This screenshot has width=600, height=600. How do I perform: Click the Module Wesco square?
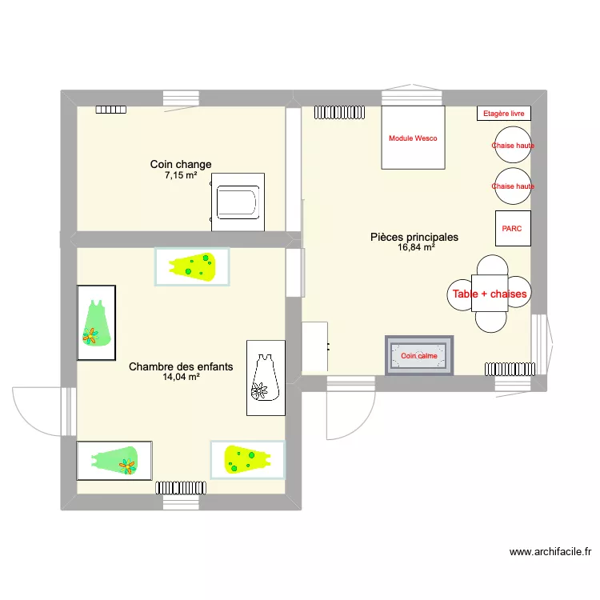coord(413,138)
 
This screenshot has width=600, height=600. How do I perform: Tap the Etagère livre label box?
coord(504,114)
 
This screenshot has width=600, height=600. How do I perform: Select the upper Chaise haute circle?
coord(513,146)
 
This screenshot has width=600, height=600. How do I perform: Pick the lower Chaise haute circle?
coord(513,186)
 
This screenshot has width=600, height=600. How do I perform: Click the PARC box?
coord(512,229)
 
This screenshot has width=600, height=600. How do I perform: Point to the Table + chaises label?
coord(490,294)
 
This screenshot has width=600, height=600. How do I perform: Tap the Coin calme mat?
coord(419,355)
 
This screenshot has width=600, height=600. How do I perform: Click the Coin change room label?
coord(181,165)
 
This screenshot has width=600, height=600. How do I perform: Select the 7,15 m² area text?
coord(181,175)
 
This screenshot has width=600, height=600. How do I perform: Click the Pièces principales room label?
coord(414,238)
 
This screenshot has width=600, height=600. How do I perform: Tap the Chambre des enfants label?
coord(181,367)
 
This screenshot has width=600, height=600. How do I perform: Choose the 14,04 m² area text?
coord(181,378)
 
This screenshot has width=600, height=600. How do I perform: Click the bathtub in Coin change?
coord(238,203)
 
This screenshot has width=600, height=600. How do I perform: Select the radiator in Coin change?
coord(112,110)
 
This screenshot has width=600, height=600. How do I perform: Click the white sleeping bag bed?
coord(265,378)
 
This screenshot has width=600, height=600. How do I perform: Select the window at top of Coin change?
coord(181,98)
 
